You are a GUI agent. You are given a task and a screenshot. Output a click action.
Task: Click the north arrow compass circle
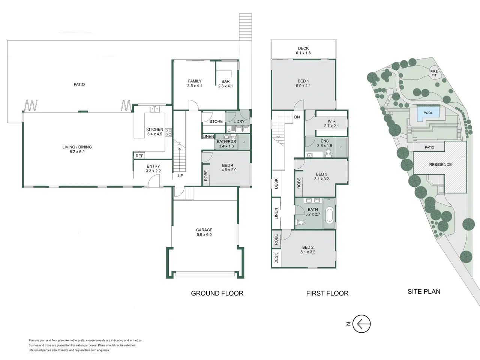pos(361,315)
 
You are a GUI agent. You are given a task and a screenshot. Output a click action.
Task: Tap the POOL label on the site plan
pos(428,113)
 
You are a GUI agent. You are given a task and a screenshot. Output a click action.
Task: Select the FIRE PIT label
pos(434,73)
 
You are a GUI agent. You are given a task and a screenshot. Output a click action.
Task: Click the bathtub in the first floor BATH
pos(329,216)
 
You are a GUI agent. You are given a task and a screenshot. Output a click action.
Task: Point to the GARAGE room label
pos(204,230)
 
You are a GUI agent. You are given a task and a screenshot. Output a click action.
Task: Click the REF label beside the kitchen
pos(139,156)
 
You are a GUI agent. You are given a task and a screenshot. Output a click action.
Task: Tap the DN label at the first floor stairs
pos(297,117)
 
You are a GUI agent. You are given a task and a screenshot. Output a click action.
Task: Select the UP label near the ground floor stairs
pos(180,176)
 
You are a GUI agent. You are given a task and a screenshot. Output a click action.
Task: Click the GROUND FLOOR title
pos(217,293)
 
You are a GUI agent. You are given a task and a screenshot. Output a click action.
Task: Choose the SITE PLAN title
pos(424,291)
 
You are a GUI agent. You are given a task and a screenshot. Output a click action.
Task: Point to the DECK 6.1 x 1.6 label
pos(303,51)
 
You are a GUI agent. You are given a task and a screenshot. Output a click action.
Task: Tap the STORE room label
pos(216,121)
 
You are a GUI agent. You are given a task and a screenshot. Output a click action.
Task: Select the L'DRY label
pos(239,121)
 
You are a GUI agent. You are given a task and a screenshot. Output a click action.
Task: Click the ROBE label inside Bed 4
pos(206,176)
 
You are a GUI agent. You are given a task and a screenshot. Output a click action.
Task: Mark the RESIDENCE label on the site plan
pos(440,165)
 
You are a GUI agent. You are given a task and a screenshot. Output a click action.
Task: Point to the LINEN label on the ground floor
pos(208,136)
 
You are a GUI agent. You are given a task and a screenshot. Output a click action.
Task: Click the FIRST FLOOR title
pos(327,293)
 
